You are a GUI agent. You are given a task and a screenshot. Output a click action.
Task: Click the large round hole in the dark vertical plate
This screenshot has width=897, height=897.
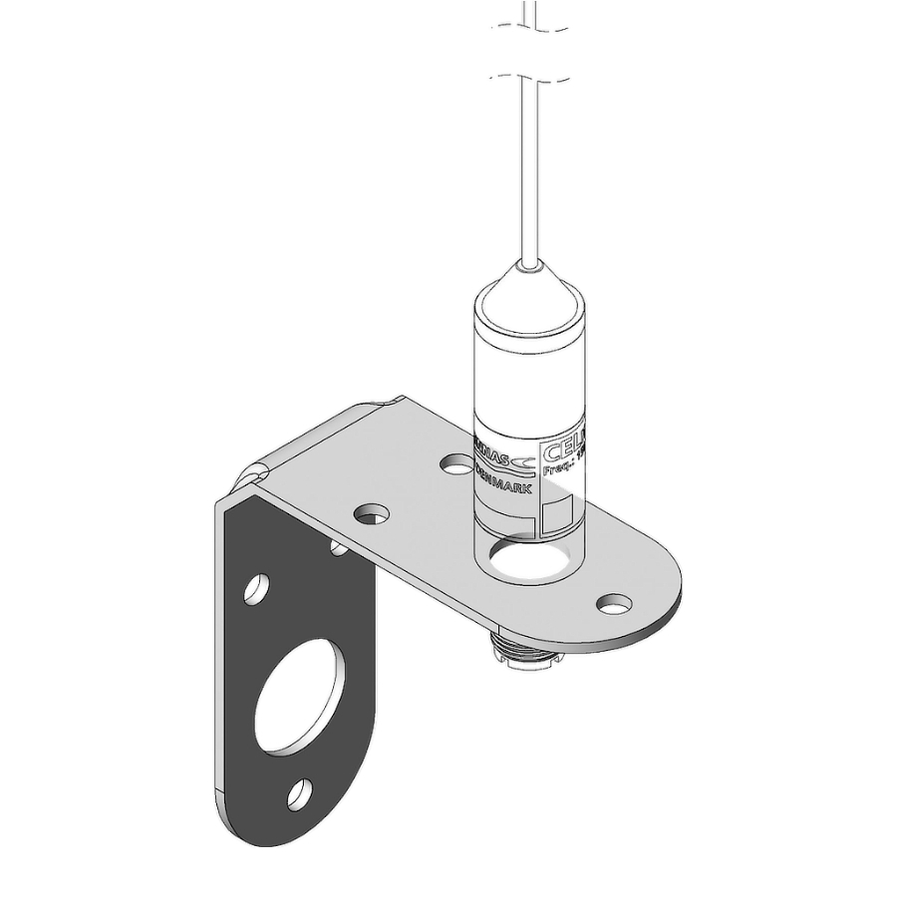click(298, 697)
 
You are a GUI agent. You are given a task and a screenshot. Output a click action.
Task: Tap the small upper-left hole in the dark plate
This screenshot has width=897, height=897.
click(256, 589)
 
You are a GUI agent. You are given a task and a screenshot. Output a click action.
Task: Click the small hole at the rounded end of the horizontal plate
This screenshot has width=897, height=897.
click(615, 603)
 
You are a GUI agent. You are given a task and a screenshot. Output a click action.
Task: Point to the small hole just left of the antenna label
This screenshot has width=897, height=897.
click(457, 463)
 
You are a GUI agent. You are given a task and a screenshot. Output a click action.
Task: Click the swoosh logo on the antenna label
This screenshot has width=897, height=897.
click(523, 459)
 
